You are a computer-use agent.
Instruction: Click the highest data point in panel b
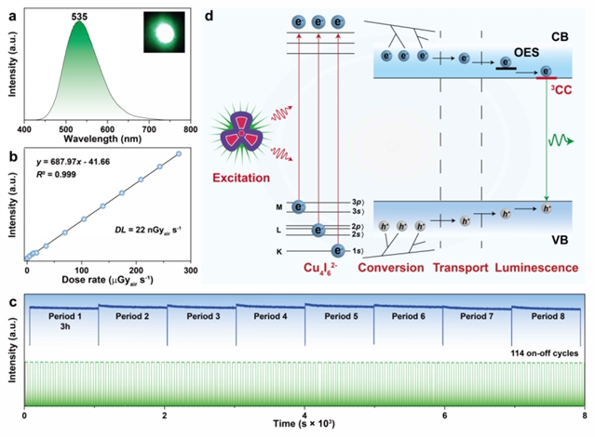tap(179, 154)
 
